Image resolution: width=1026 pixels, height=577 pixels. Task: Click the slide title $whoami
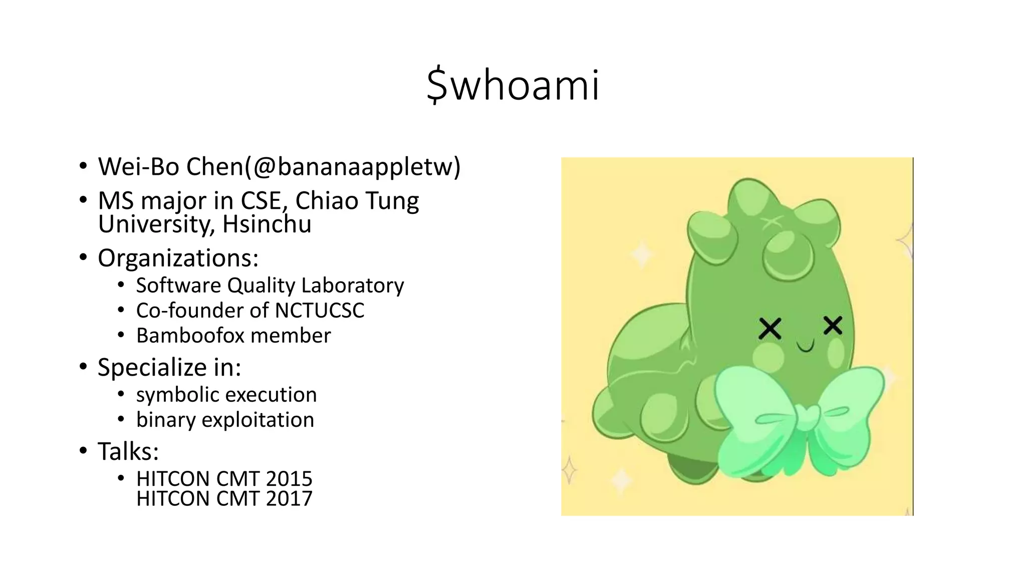click(x=512, y=85)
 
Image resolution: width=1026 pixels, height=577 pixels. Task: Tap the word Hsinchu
click(x=267, y=224)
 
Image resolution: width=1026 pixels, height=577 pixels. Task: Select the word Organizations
click(x=176, y=258)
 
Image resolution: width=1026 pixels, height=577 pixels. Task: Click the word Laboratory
click(x=353, y=285)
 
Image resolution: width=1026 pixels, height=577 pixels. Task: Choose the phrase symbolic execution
click(x=226, y=395)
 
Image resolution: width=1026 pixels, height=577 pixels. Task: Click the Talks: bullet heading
click(x=128, y=451)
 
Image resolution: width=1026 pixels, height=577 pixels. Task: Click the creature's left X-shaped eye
click(x=770, y=329)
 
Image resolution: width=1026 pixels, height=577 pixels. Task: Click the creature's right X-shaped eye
click(x=833, y=326)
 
